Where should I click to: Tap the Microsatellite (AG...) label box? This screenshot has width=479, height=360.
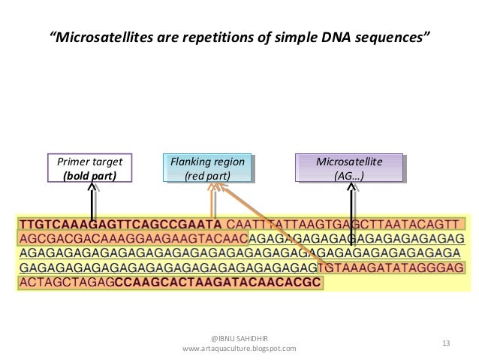pyautogui.click(x=349, y=169)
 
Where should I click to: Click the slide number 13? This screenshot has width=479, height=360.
pyautogui.click(x=447, y=343)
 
